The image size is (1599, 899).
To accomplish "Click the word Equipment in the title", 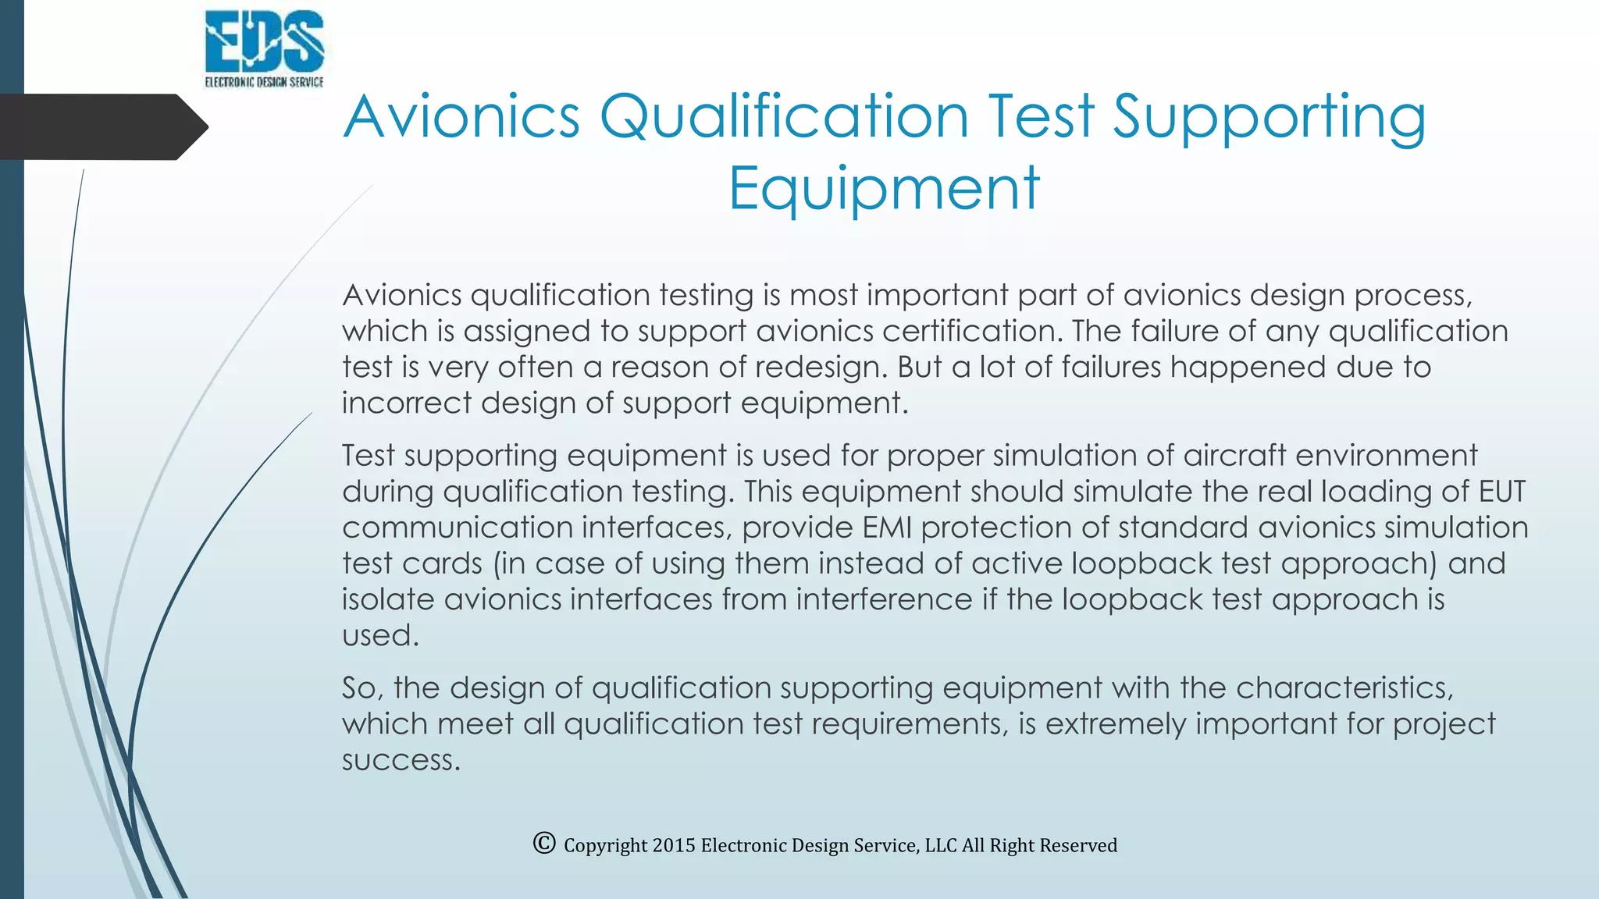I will [x=884, y=189].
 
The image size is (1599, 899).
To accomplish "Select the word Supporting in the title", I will [x=1269, y=117].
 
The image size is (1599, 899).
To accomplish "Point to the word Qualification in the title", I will [x=784, y=117].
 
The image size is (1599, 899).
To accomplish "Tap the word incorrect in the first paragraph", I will [x=406, y=403].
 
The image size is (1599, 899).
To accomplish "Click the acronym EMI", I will [x=887, y=528].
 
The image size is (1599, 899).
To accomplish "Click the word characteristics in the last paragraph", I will [x=1344, y=688].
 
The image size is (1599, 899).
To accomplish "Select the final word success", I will [x=401, y=760].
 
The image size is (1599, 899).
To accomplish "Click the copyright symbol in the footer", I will [x=544, y=843].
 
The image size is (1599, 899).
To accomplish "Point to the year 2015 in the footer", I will [x=673, y=845].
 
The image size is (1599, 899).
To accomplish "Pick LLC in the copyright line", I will [x=941, y=845].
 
